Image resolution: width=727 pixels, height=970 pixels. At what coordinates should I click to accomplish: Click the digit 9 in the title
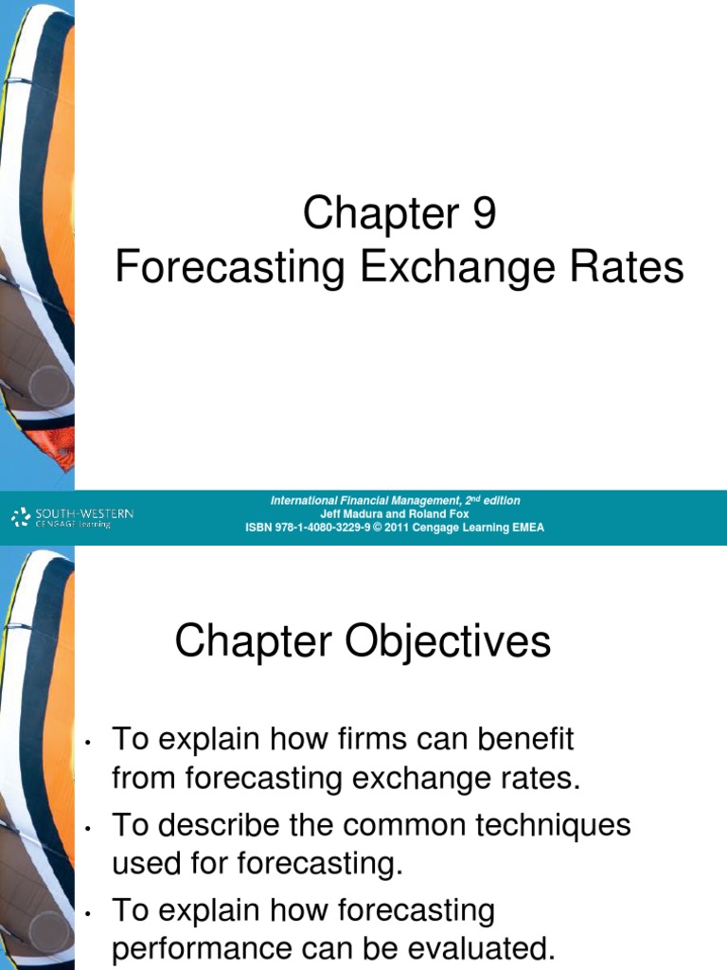(483, 216)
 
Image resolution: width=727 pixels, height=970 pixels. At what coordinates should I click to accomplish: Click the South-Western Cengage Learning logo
(72, 517)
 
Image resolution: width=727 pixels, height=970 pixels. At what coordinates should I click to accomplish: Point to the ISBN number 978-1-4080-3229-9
(318, 528)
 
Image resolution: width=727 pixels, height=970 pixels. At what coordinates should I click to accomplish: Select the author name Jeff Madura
(352, 514)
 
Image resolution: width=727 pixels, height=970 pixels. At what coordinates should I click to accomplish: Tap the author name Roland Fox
(437, 514)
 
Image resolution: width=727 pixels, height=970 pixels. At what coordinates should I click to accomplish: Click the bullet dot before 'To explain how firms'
(86, 743)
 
